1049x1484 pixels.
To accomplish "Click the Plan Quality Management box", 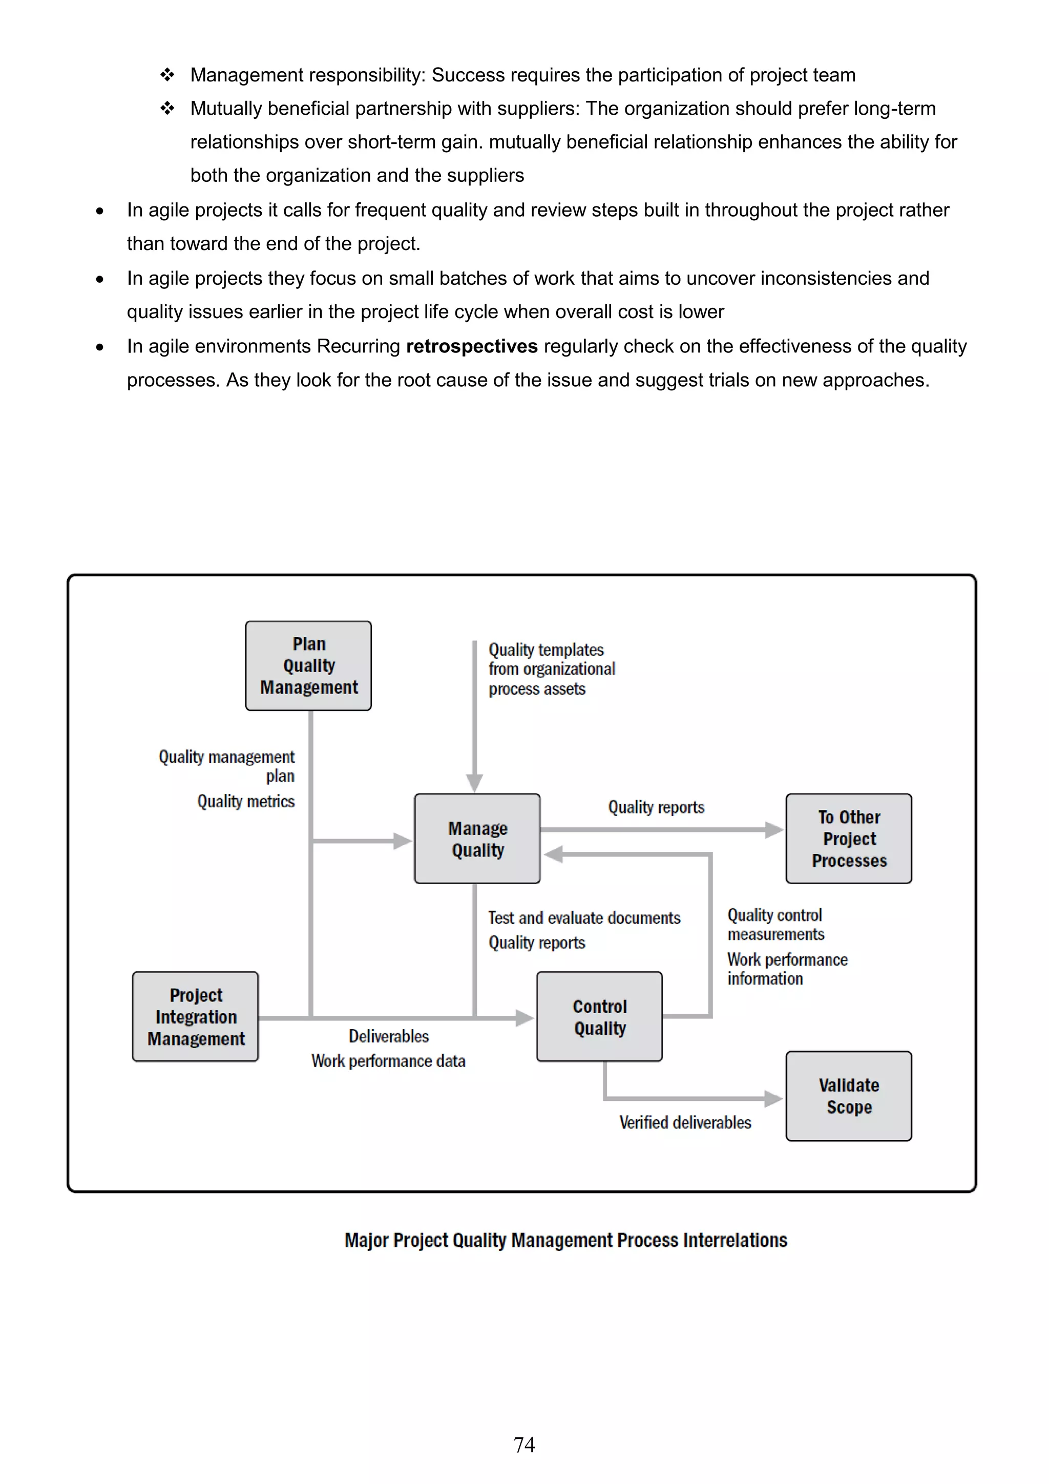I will pyautogui.click(x=308, y=666).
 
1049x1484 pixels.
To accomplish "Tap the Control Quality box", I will pyautogui.click(x=599, y=1017).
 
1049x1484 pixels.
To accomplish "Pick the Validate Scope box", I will pyautogui.click(x=849, y=1096).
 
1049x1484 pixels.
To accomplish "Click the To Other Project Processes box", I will pyautogui.click(x=849, y=839).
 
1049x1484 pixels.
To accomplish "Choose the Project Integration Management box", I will pyautogui.click(x=195, y=1017).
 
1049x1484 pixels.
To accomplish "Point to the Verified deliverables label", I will pyautogui.click(x=685, y=1123).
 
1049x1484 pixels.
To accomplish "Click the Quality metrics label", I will pyautogui.click(x=246, y=802).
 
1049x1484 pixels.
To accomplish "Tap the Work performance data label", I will pyautogui.click(x=388, y=1061).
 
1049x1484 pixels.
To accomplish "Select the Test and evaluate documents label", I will pyautogui.click(x=583, y=918).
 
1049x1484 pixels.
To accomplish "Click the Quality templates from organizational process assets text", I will pyautogui.click(x=551, y=669).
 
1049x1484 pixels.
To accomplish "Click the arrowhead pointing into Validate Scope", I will pyautogui.click(x=773, y=1098).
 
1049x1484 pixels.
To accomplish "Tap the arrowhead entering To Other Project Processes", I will pyautogui.click(x=773, y=830).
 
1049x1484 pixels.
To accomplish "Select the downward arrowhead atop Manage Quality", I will pyautogui.click(x=474, y=783).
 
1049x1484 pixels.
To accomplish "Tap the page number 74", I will pyautogui.click(x=524, y=1445).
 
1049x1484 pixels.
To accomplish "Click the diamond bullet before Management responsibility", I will pyautogui.click(x=167, y=75).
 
